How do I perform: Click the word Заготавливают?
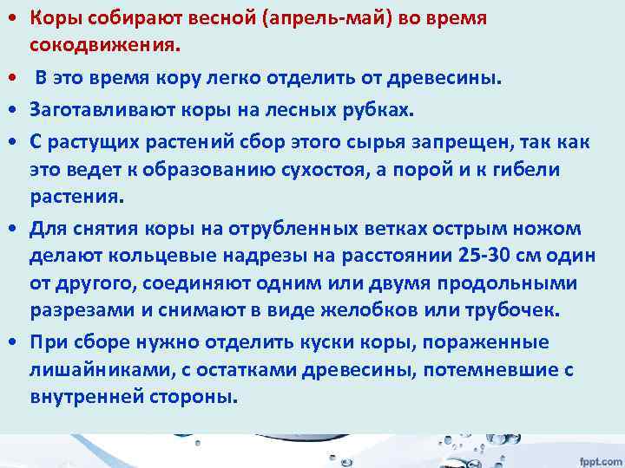96,110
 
